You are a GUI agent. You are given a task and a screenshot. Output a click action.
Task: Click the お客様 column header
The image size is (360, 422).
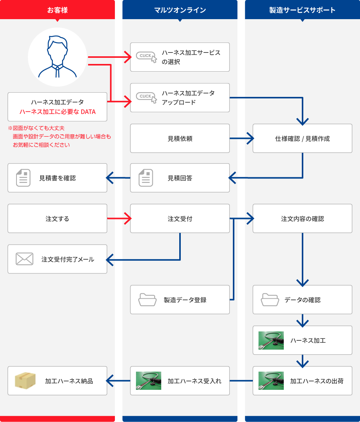tap(57, 10)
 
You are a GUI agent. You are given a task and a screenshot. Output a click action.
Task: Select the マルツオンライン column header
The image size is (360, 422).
tap(180, 10)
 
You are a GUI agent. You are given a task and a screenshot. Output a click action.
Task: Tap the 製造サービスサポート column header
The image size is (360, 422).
tap(302, 10)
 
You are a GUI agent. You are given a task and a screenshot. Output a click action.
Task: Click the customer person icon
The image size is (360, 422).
tap(57, 57)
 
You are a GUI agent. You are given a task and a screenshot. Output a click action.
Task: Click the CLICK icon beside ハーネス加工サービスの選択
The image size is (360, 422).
tap(147, 57)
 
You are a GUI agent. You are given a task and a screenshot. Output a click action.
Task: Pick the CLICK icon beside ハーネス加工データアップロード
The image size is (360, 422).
tap(147, 97)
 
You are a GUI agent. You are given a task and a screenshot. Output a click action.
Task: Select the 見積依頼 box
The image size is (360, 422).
tap(180, 138)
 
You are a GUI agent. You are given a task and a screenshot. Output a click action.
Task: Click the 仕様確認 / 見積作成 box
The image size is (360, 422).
tap(302, 138)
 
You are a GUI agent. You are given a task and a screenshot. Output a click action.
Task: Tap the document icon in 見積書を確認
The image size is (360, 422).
tap(23, 178)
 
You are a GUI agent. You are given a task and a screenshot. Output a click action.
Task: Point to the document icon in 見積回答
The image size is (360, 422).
tap(146, 178)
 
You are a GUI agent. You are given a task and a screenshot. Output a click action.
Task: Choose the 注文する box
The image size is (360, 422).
tap(57, 219)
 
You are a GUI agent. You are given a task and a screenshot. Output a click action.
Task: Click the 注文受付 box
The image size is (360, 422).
tap(180, 219)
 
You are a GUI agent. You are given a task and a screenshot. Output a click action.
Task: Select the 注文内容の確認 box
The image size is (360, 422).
tap(302, 219)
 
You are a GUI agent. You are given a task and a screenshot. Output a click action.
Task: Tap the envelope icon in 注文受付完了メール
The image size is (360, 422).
tap(25, 259)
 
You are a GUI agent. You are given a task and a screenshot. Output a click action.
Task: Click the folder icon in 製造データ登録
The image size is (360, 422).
tap(147, 299)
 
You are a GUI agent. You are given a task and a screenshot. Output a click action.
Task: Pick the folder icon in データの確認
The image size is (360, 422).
tap(270, 299)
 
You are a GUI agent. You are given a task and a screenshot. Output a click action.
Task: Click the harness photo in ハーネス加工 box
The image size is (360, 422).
tap(271, 340)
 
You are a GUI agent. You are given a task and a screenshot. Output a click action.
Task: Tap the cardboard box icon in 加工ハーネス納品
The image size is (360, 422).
tap(25, 380)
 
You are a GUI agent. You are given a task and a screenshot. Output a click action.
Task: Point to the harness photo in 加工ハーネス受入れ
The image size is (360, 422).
tap(149, 381)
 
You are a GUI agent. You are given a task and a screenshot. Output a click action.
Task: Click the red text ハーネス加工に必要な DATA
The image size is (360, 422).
tap(57, 112)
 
